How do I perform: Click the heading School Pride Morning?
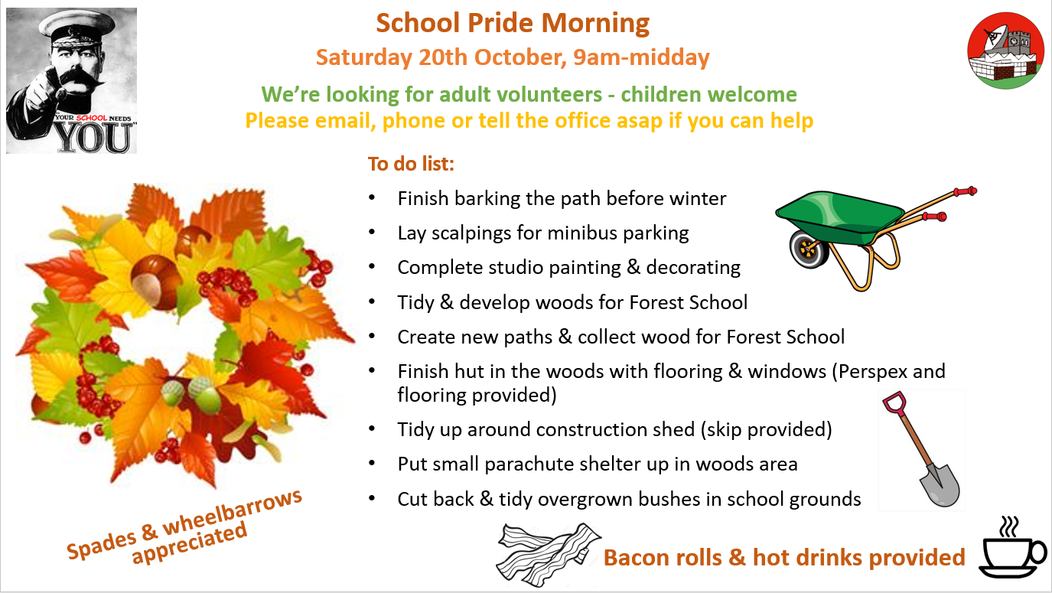coord(513,23)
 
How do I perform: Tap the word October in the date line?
coord(517,57)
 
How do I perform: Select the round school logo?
coord(1005,51)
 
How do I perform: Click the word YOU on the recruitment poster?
coord(94,138)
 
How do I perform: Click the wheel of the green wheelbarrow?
coord(808,249)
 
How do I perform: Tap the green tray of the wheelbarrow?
coord(841,216)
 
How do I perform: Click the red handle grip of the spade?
coord(894,402)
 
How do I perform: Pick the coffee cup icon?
coord(1012,549)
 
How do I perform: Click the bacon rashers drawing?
coord(548,554)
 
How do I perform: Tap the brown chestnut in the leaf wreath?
coord(156,282)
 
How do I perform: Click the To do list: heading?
coord(411,164)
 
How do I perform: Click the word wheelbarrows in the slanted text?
coord(232,513)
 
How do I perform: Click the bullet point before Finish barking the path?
coord(372,197)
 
